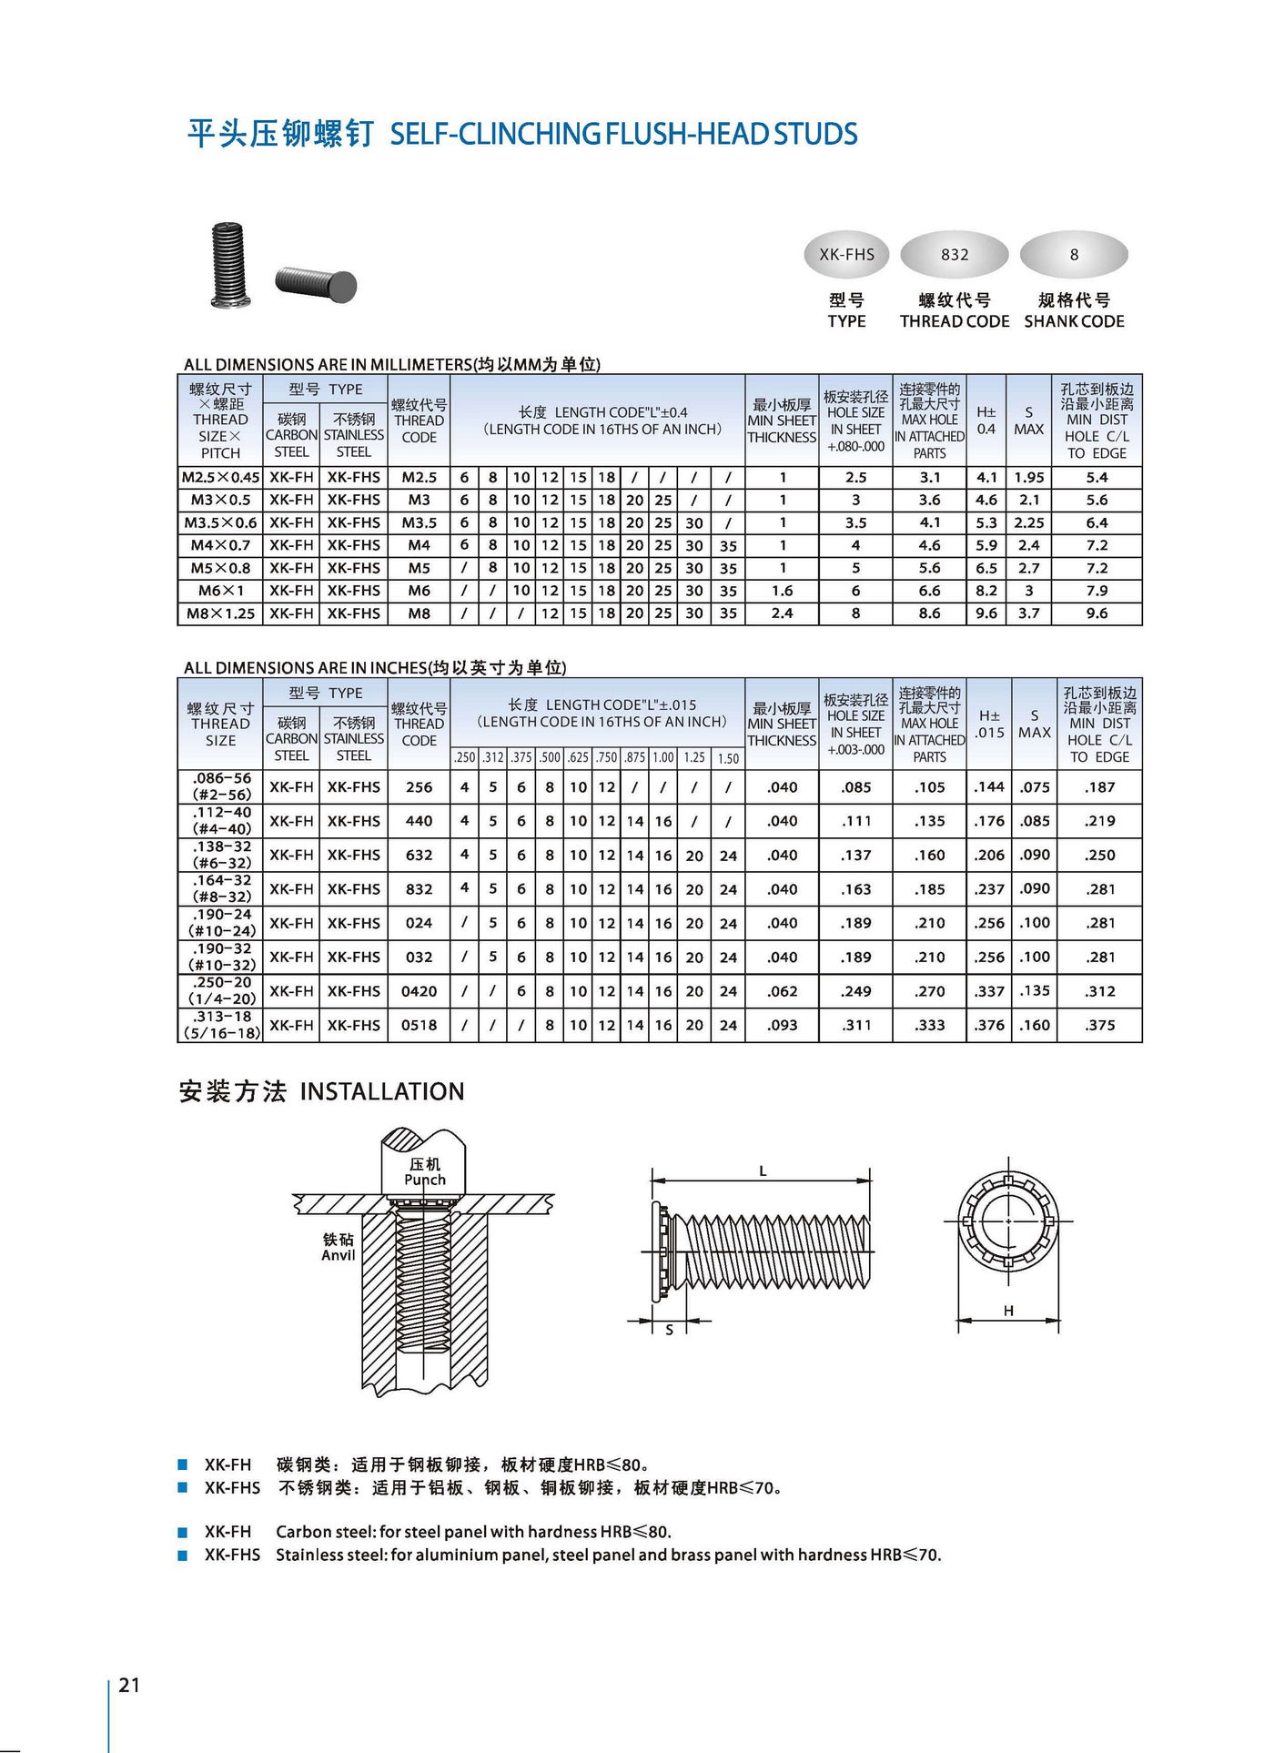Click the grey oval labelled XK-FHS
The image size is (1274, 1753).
[846, 255]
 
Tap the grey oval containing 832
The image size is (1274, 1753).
[954, 255]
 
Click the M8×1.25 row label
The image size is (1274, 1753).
[219, 613]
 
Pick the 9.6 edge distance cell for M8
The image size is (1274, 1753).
[1097, 613]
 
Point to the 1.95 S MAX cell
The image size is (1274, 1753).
[1028, 477]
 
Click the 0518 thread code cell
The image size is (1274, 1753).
[419, 1025]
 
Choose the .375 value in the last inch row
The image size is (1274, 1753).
[1099, 1025]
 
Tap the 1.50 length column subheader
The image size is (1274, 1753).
[728, 758]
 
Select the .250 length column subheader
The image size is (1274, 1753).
[464, 757]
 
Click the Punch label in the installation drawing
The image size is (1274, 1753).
[425, 1180]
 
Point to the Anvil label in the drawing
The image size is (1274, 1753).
[338, 1255]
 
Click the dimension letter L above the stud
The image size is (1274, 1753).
[763, 1171]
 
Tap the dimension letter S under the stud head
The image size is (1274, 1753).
[670, 1330]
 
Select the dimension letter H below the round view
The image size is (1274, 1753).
[1008, 1311]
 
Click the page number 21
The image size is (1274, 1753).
[129, 1685]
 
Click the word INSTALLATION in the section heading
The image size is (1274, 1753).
[382, 1091]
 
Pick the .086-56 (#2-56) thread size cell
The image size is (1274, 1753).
[221, 786]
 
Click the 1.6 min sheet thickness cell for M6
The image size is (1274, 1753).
[782, 591]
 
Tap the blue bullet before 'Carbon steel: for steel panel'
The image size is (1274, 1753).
[183, 1532]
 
